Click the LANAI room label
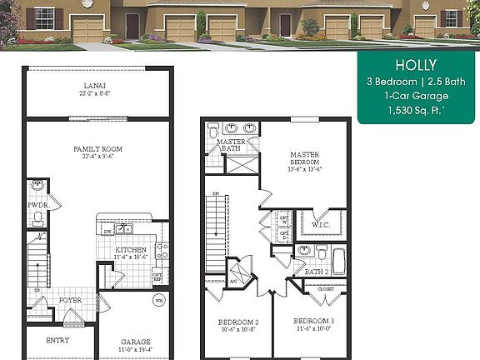(92, 86)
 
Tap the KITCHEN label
(130, 249)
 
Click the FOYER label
(70, 300)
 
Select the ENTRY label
(57, 340)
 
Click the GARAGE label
(135, 341)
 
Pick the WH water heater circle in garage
(157, 300)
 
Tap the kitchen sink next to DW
(124, 228)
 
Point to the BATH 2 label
(316, 272)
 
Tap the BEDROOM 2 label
(238, 322)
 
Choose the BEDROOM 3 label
(314, 320)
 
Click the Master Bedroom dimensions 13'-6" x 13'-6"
(305, 168)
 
